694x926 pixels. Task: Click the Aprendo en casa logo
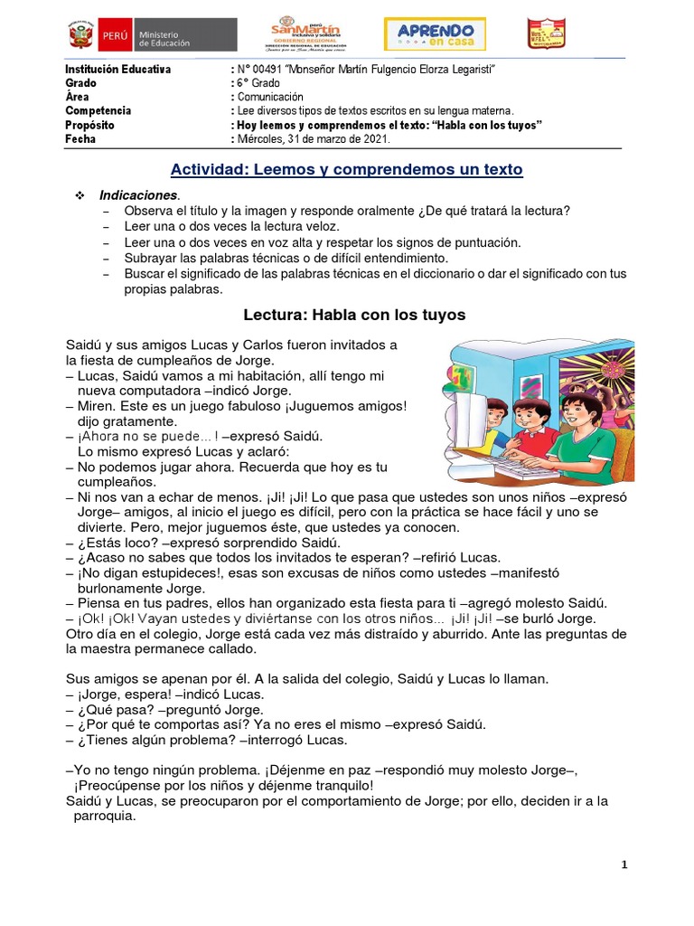(x=435, y=34)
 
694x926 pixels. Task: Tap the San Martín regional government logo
(x=305, y=34)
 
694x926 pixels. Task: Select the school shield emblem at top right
(x=546, y=34)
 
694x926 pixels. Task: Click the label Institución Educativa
(x=117, y=70)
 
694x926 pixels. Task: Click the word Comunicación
(x=271, y=97)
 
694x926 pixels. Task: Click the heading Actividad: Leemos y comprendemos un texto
(x=347, y=169)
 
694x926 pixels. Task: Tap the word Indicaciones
(x=139, y=194)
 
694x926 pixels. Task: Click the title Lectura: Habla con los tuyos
(x=354, y=316)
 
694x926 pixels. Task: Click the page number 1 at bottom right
(x=624, y=865)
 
